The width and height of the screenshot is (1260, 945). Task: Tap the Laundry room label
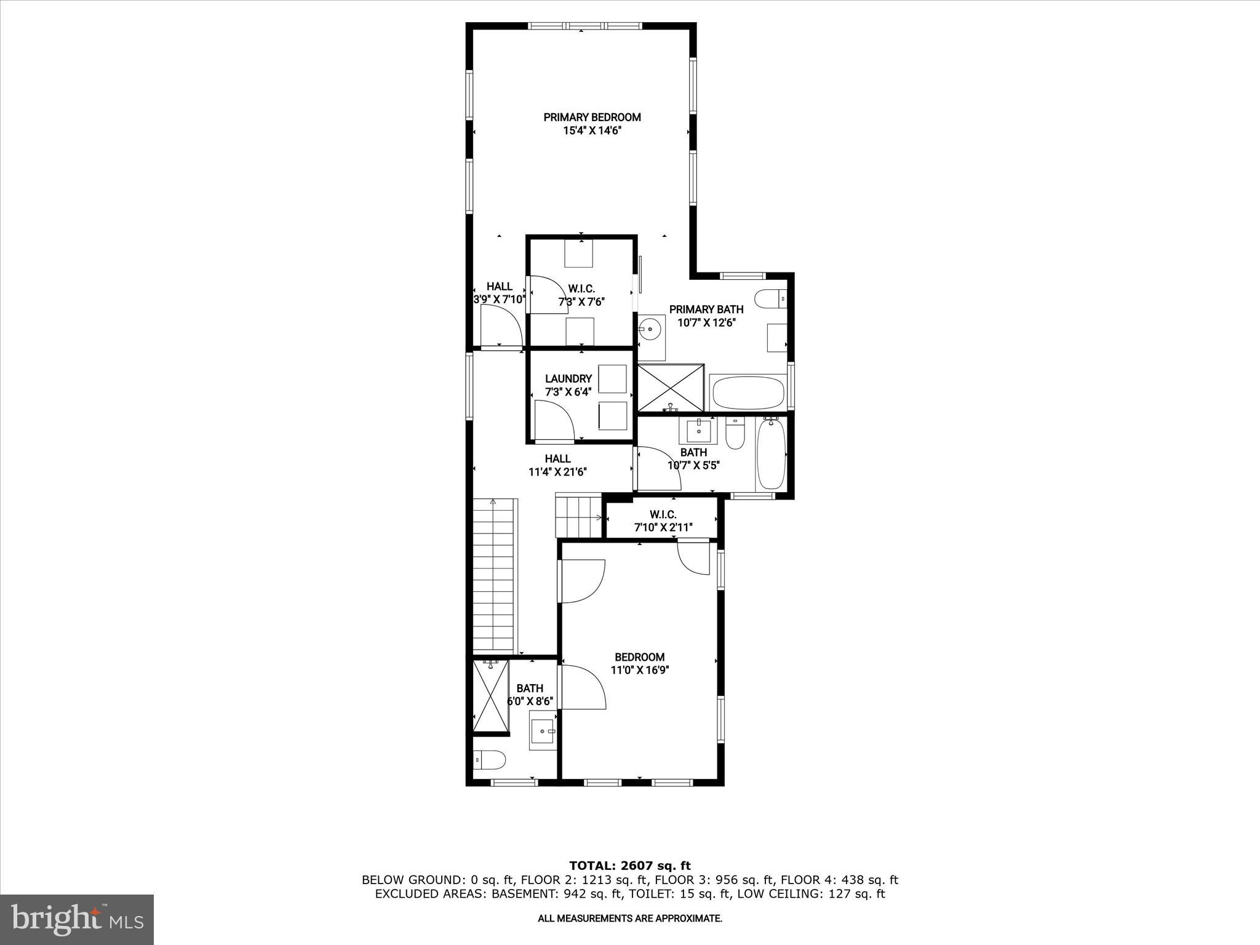568,379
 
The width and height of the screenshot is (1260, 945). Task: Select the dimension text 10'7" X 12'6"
706,322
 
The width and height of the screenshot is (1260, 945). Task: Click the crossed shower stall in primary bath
671,388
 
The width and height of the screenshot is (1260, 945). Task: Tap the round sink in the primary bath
650,329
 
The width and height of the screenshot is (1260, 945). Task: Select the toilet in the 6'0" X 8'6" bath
490,760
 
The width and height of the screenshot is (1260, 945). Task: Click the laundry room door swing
553,421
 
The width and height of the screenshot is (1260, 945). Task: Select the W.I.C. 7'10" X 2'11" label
663,520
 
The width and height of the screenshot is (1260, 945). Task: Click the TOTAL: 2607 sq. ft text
629,866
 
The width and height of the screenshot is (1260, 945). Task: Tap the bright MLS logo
77,919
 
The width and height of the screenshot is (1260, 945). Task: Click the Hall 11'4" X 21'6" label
557,465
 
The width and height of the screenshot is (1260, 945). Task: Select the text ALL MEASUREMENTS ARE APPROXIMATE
629,919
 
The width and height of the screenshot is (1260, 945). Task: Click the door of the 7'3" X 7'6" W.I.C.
548,295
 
